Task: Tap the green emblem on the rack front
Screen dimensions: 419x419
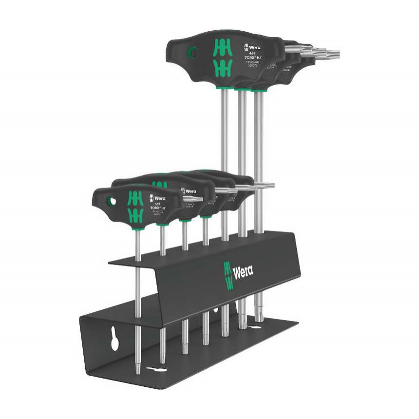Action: pyautogui.click(x=228, y=275)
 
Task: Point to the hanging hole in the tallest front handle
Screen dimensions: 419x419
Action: pyautogui.click(x=193, y=51)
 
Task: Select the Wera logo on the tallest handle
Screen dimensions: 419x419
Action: pyautogui.click(x=252, y=47)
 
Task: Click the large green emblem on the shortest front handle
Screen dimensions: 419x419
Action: pyautogui.click(x=135, y=206)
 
